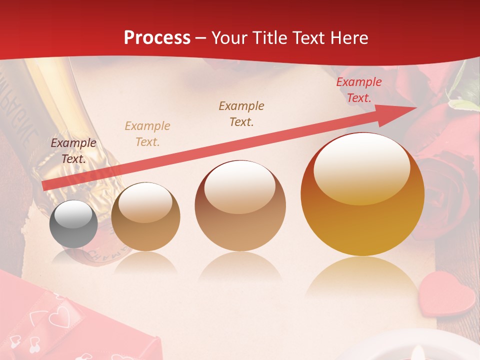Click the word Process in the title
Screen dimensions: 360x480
(x=157, y=38)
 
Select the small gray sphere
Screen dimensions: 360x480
(x=73, y=224)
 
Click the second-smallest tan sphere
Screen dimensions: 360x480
(x=145, y=216)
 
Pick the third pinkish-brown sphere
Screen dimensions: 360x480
(x=240, y=205)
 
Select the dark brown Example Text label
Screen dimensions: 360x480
(x=73, y=150)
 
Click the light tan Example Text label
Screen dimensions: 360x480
(x=147, y=133)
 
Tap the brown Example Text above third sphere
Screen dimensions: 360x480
(x=241, y=113)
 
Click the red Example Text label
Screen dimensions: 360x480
(x=358, y=90)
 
